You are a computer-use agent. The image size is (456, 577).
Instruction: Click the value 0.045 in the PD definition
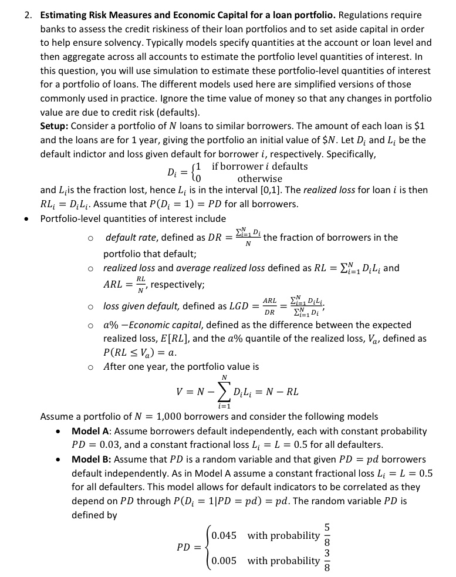tap(224, 535)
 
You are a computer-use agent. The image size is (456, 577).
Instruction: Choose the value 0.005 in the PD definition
tap(224, 561)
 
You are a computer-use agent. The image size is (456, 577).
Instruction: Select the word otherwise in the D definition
tap(259, 178)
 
